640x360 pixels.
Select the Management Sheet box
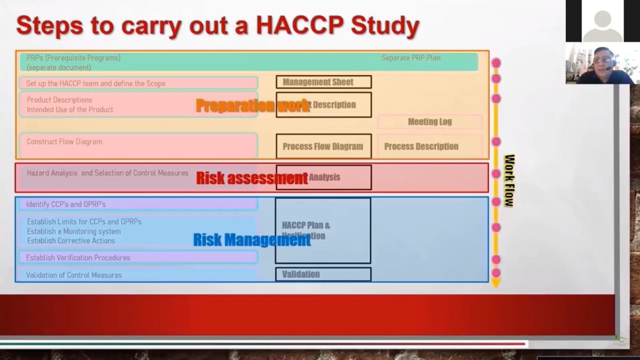pyautogui.click(x=323, y=82)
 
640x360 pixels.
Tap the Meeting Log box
pyautogui.click(x=429, y=122)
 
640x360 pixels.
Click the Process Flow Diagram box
pyautogui.click(x=323, y=146)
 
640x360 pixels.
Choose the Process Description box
pyautogui.click(x=421, y=146)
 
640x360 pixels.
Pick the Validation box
pyautogui.click(x=323, y=274)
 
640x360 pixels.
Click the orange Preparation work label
pyautogui.click(x=252, y=105)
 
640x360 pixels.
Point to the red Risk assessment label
pyautogui.click(x=252, y=178)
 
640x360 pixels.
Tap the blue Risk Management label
pyautogui.click(x=251, y=240)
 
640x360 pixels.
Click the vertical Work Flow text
pyautogui.click(x=509, y=180)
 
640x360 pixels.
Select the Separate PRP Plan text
pyautogui.click(x=411, y=58)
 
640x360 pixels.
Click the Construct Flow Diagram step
pyautogui.click(x=65, y=142)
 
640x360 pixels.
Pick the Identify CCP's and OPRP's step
pyautogui.click(x=66, y=204)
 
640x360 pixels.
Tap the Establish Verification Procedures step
pyautogui.click(x=78, y=258)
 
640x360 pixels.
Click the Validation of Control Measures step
pyautogui.click(x=74, y=275)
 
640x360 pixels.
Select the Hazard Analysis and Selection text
pyautogui.click(x=107, y=173)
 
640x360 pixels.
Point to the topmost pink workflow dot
pyautogui.click(x=496, y=63)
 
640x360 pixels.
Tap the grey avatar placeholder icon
pyautogui.click(x=602, y=24)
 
